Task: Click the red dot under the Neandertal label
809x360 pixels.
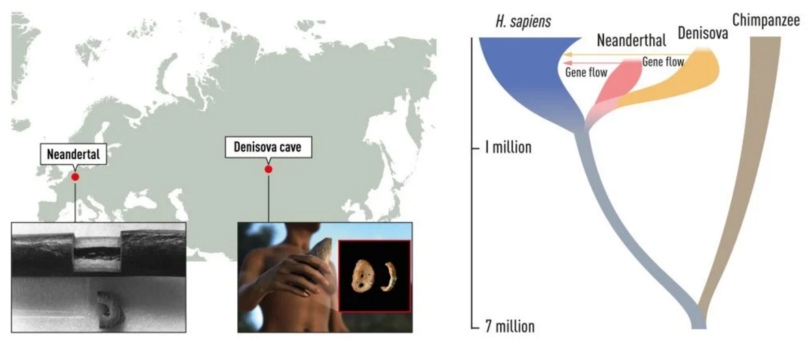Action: [x=75, y=177]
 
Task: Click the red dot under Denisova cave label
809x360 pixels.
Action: [x=268, y=169]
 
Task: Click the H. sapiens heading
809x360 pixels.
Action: [x=522, y=22]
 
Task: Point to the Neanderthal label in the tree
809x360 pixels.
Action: [x=631, y=40]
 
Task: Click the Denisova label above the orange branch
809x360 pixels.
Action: [x=702, y=33]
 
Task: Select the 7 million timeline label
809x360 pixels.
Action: [x=509, y=327]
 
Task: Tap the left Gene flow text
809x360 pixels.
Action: [x=586, y=72]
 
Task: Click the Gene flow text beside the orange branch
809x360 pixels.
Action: [x=663, y=62]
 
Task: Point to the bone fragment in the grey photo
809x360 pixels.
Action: [x=108, y=309]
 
